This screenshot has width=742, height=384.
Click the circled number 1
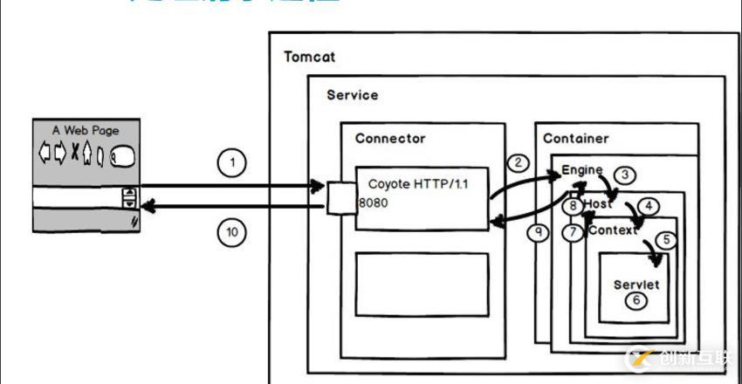tap(231, 163)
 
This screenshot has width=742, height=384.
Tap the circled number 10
tap(231, 232)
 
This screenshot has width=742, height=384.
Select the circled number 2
tap(518, 162)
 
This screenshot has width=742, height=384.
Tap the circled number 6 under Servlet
tap(636, 299)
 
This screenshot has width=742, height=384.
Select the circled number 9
tap(540, 234)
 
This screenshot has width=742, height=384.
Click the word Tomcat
tap(309, 57)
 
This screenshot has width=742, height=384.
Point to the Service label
tap(352, 94)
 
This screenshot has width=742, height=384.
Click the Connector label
tap(390, 138)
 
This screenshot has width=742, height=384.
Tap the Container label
tap(575, 138)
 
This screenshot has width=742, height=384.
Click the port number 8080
tap(373, 202)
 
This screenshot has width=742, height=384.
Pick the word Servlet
tap(636, 285)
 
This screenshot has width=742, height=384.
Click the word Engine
tap(581, 168)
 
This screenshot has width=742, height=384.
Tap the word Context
tap(615, 230)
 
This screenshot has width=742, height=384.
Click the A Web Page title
tap(86, 130)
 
